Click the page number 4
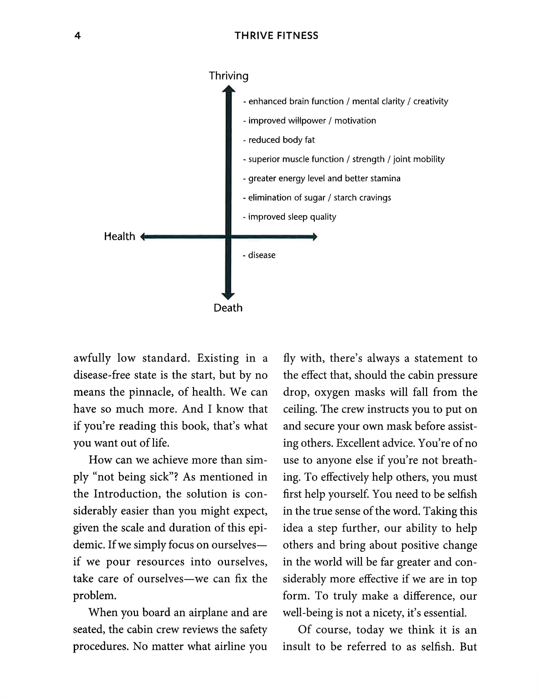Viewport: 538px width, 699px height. [x=77, y=36]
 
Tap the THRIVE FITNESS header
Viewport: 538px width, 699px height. [x=276, y=36]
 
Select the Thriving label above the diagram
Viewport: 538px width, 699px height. [x=229, y=76]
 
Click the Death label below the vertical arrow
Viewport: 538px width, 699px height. [x=228, y=308]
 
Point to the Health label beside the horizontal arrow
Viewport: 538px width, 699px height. [x=119, y=236]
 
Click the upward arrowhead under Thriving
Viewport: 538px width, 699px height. [x=229, y=89]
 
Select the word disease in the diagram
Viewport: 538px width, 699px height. [x=262, y=255]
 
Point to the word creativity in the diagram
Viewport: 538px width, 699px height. [x=431, y=101]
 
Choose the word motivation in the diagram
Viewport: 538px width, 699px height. [x=355, y=121]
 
